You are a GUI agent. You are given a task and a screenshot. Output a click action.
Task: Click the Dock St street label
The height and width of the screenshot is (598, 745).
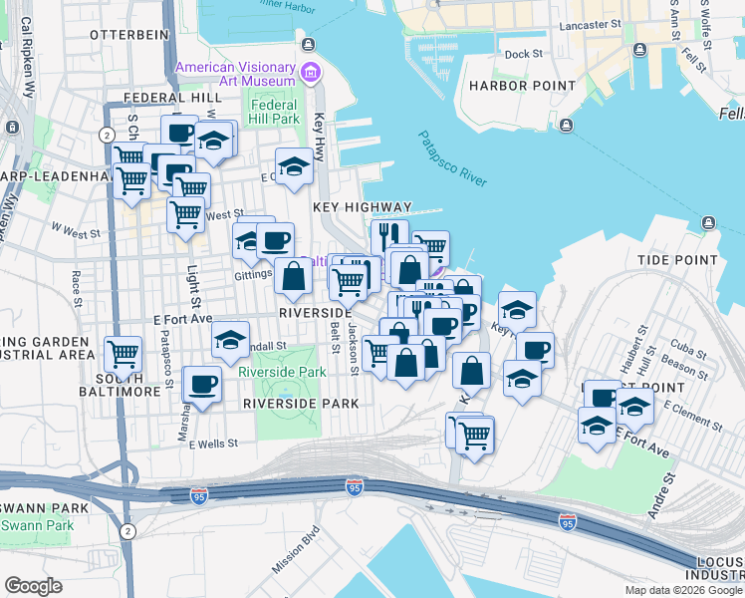tap(523, 55)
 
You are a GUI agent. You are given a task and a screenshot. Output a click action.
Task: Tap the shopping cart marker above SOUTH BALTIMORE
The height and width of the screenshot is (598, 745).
tap(123, 352)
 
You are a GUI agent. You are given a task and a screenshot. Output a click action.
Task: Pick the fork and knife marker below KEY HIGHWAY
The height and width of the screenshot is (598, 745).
tap(389, 235)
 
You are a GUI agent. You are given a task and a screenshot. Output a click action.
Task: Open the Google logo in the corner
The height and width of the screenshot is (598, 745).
tap(33, 586)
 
